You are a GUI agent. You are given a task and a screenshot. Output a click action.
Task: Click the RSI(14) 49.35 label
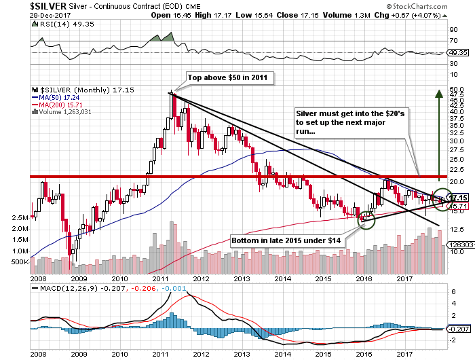point(56,22)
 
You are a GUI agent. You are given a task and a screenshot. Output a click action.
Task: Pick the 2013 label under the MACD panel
point(241,354)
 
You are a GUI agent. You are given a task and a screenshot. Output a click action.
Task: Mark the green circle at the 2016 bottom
point(366,219)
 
